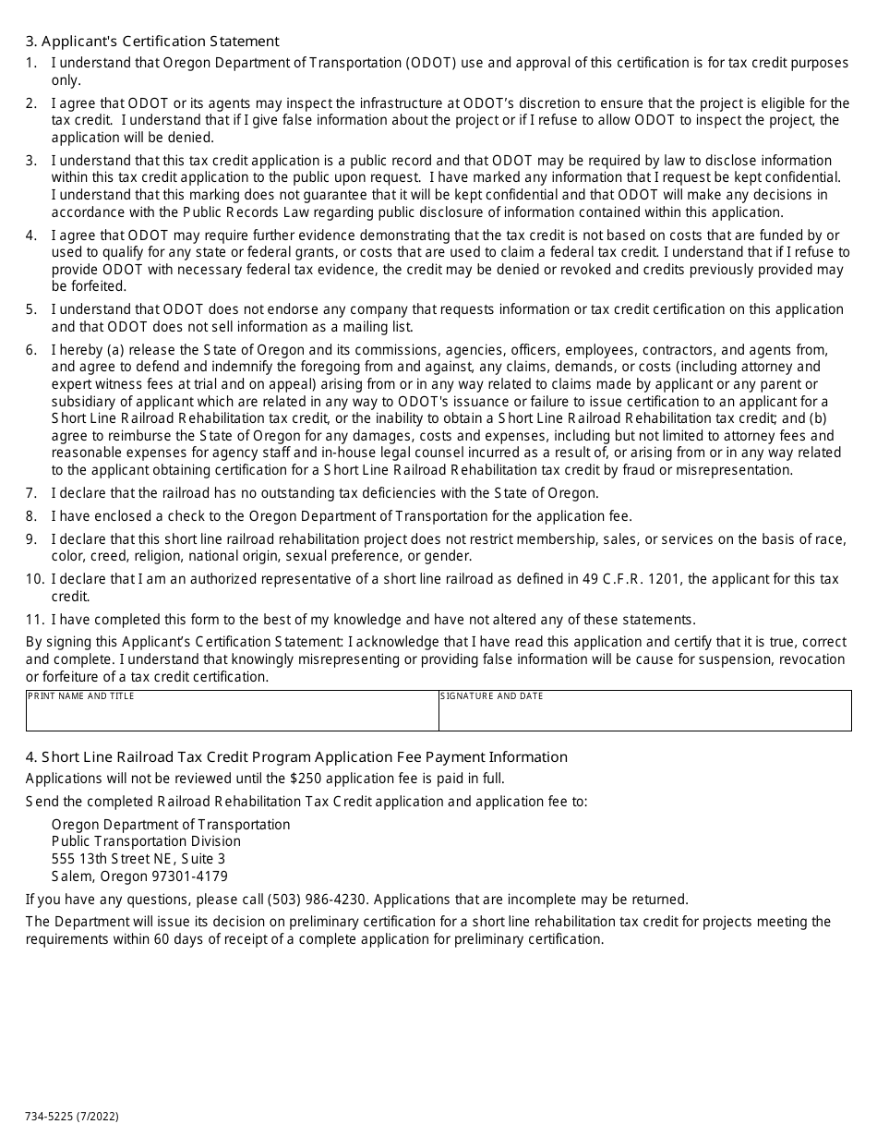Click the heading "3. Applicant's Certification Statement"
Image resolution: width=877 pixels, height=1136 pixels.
[x=152, y=42]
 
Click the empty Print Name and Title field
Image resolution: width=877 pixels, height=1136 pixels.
[x=232, y=716]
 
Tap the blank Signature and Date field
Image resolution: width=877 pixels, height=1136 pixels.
[x=644, y=716]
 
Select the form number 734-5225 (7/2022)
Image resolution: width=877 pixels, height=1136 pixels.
[x=72, y=1117]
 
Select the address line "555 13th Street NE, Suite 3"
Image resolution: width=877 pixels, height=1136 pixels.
[x=138, y=859]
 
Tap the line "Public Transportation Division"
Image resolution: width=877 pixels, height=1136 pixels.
[x=146, y=841]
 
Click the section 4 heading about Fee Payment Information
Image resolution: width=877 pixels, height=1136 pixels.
[x=296, y=757]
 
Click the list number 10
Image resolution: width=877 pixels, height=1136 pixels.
[x=34, y=579]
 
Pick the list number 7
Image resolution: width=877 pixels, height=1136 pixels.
[x=31, y=493]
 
